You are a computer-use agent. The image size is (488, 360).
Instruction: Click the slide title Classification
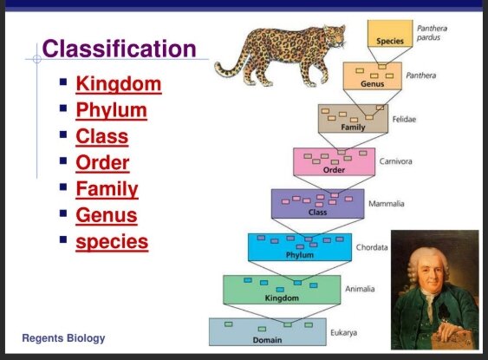click(119, 49)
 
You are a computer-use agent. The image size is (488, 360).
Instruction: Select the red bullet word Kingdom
click(119, 84)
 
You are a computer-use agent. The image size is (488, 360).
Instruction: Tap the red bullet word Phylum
click(112, 111)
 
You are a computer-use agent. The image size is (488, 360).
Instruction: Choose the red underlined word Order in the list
click(102, 162)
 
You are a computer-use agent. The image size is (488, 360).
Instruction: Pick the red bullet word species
click(112, 242)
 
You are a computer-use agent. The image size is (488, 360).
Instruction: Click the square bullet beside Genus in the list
click(63, 213)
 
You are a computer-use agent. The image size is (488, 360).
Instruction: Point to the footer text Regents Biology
click(63, 338)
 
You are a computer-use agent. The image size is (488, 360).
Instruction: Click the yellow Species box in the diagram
click(390, 33)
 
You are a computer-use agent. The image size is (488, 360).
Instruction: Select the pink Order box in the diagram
click(334, 161)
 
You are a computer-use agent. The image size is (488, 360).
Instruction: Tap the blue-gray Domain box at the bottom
click(268, 331)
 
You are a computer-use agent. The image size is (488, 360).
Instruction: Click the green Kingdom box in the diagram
click(282, 290)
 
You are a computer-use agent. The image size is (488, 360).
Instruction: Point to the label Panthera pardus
click(432, 33)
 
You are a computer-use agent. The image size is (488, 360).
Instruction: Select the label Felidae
click(404, 119)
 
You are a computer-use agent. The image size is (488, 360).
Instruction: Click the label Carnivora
click(395, 161)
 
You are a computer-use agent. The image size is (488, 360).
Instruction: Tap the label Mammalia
click(387, 204)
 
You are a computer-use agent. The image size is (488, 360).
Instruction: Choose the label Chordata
click(372, 247)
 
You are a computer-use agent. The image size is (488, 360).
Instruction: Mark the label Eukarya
click(343, 332)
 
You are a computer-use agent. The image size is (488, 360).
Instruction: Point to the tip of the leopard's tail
click(217, 66)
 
